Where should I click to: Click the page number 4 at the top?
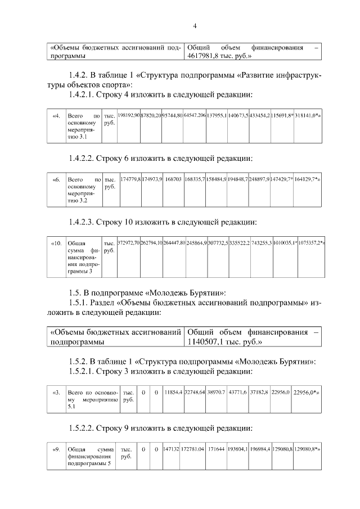[195, 26]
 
